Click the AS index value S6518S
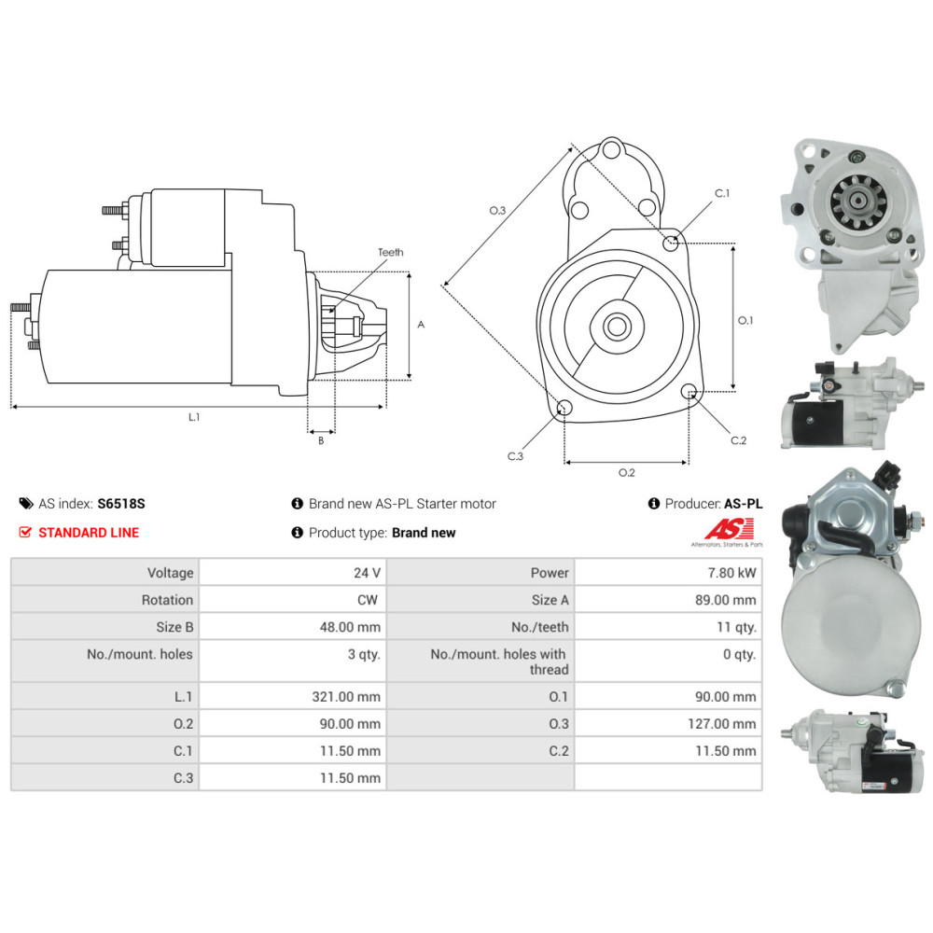(x=121, y=504)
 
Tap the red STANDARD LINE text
(x=89, y=533)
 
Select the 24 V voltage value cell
(x=367, y=573)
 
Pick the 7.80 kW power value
(x=731, y=573)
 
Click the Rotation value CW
(x=368, y=600)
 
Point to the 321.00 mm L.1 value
(x=346, y=697)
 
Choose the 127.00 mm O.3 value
(x=722, y=724)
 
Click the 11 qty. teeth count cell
(x=737, y=627)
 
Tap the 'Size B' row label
(x=175, y=627)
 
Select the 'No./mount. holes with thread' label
(x=498, y=661)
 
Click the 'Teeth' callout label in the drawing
(x=390, y=252)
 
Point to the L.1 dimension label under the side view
(x=194, y=417)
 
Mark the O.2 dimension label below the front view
(x=627, y=472)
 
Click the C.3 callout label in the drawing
(x=515, y=456)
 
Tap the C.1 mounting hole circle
(x=671, y=243)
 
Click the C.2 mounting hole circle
(x=689, y=392)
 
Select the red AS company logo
(x=730, y=528)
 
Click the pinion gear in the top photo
(x=858, y=202)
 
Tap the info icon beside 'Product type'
(x=298, y=533)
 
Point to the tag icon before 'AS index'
(x=26, y=504)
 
